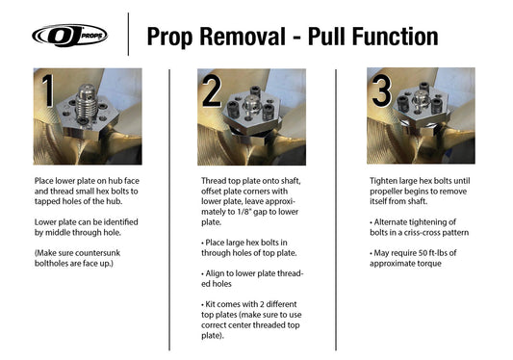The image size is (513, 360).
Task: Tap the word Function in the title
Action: coord(390,36)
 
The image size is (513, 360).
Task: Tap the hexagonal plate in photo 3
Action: coord(424,111)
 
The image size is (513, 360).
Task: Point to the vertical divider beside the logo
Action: coord(128,36)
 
